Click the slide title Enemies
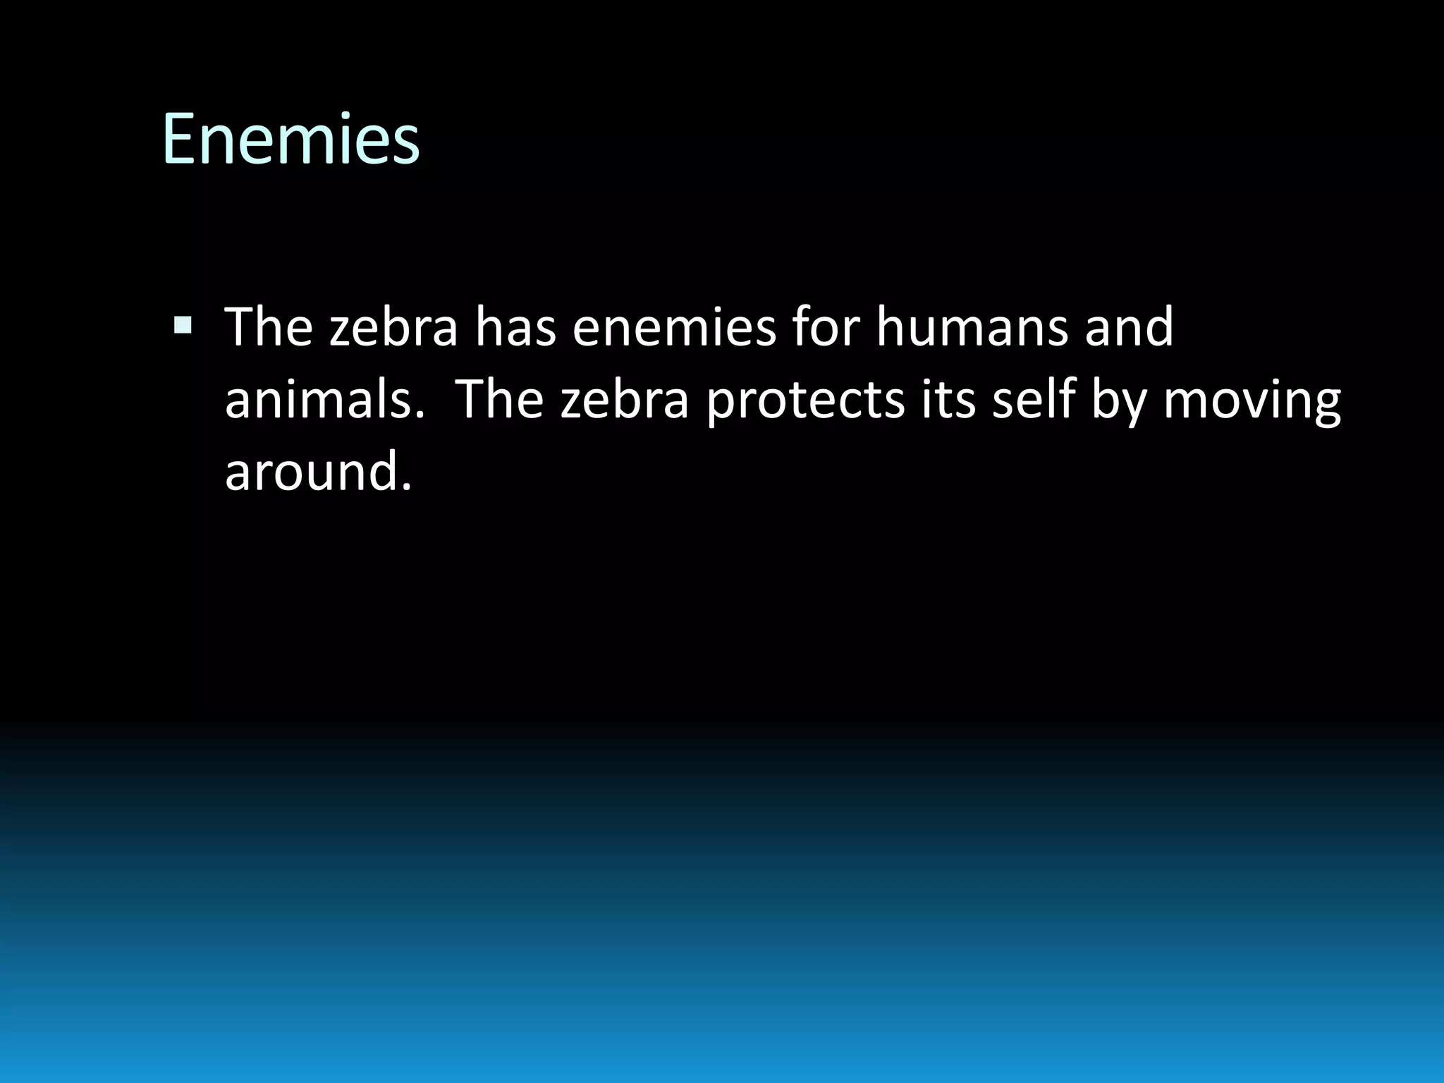coord(290,139)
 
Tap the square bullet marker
coord(183,325)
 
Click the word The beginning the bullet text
coord(268,327)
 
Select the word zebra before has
coord(393,327)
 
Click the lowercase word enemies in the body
coord(673,327)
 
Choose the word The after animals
coord(500,400)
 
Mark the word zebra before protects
coord(624,400)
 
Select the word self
coord(1033,400)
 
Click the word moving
coord(1252,400)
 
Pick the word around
coord(310,472)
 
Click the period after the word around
coord(405,487)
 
